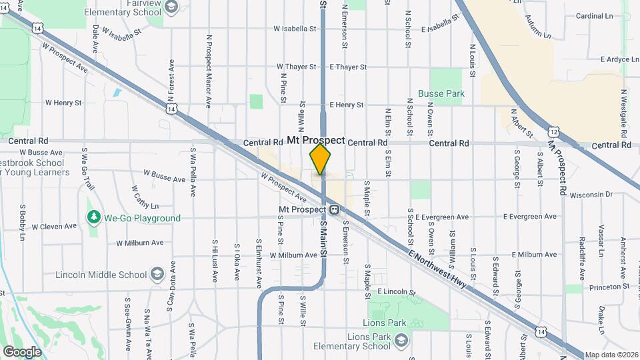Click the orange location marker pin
coord(321,160)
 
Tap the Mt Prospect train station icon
coord(335,209)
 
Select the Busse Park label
coord(441,94)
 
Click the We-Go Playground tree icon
coord(93,218)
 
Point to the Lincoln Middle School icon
coord(157,275)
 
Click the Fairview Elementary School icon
coord(171,7)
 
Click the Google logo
coord(22,351)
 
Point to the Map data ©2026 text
coord(611,355)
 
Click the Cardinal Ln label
coord(594,16)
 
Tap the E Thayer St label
coord(348,67)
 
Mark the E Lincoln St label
coord(396,292)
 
